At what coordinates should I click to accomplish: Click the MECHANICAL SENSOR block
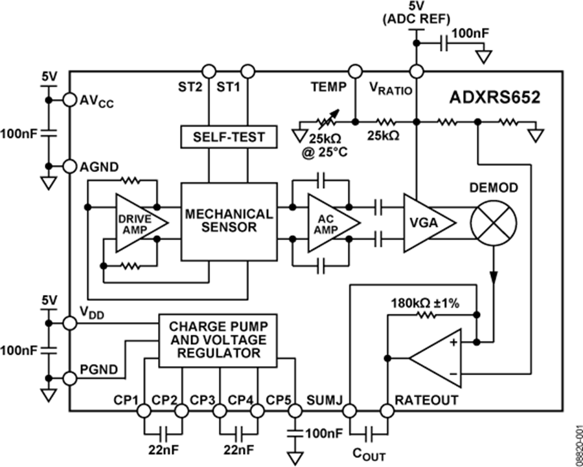pos(227,221)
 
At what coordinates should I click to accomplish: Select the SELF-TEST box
pos(227,136)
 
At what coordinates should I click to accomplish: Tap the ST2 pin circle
pos(209,70)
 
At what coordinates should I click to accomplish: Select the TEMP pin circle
pos(355,70)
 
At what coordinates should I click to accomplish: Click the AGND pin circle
pos(69,167)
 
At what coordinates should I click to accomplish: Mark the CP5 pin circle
pos(295,411)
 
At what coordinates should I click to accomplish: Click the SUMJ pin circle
pos(349,411)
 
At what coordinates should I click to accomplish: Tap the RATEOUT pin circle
pos(387,411)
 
